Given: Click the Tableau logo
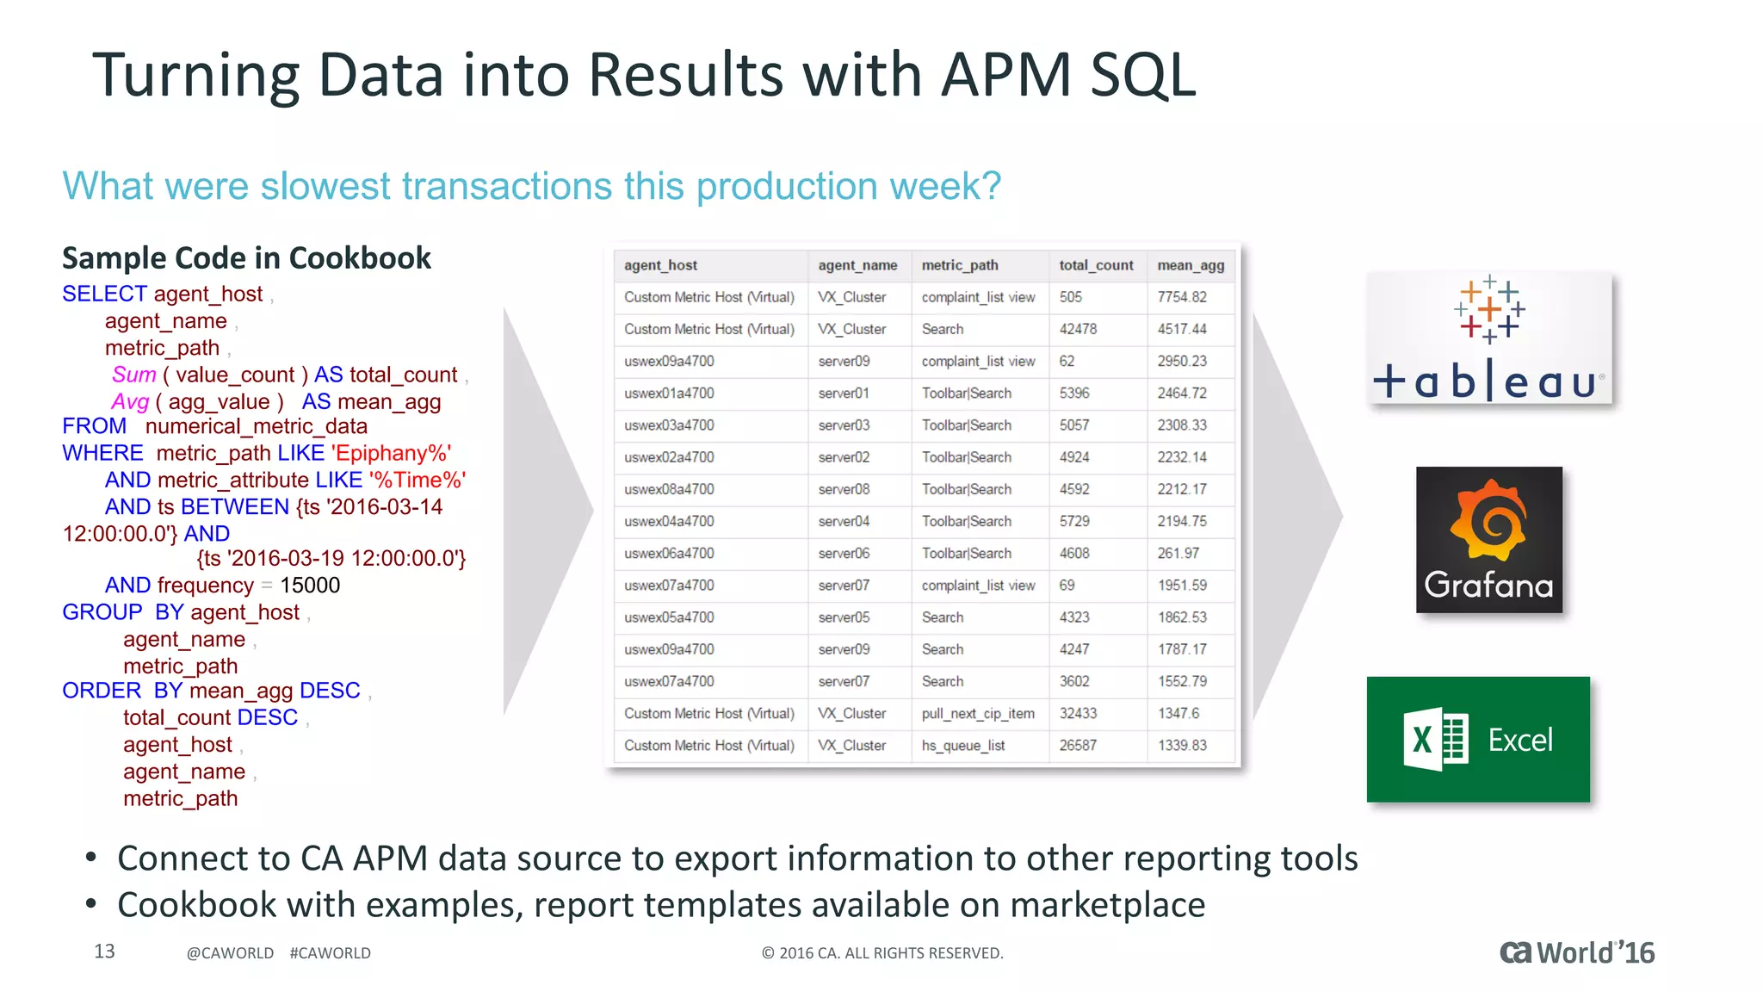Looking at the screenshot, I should pyautogui.click(x=1488, y=339).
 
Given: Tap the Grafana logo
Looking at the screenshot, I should pyautogui.click(x=1488, y=540).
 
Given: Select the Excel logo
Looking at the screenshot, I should pyautogui.click(x=1478, y=739).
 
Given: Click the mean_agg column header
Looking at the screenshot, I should pyautogui.click(x=1190, y=265).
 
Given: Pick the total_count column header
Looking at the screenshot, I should pyautogui.click(x=1096, y=265).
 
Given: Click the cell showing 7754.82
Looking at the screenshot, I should pyautogui.click(x=1181, y=297).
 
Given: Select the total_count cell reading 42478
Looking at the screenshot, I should pyautogui.click(x=1078, y=329).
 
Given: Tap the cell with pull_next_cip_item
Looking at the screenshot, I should pyautogui.click(x=978, y=713).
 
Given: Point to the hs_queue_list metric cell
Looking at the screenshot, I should pyautogui.click(x=963, y=745).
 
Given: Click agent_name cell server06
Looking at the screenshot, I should pyautogui.click(x=844, y=553).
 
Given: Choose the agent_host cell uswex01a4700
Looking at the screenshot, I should pyautogui.click(x=669, y=393).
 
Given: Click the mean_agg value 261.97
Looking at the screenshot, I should pyautogui.click(x=1178, y=553).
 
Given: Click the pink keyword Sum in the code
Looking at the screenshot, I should pyautogui.click(x=133, y=375).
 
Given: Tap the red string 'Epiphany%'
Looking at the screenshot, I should pyautogui.click(x=391, y=454).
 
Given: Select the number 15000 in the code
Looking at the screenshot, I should pyautogui.click(x=310, y=586).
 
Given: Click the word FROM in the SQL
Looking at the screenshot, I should pyautogui.click(x=94, y=426).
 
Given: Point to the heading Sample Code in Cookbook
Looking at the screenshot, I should pyautogui.click(x=246, y=258).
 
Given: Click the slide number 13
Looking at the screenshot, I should pyautogui.click(x=104, y=951).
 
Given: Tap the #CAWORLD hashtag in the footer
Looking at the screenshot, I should pyautogui.click(x=330, y=953).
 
